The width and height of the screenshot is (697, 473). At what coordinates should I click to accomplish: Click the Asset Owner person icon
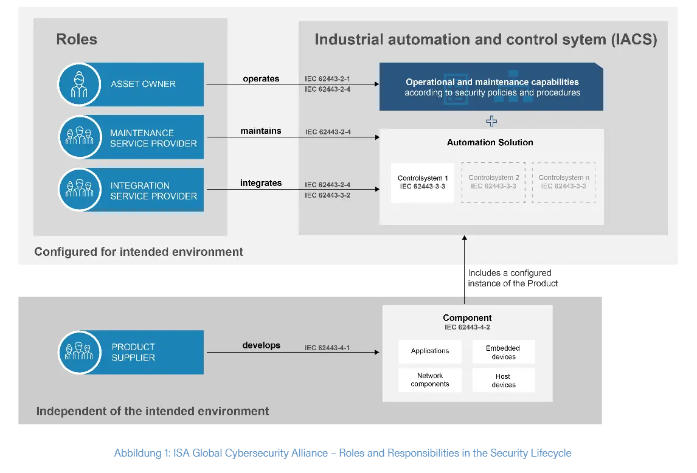click(x=79, y=84)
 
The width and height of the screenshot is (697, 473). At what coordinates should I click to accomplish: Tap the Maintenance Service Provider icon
click(x=79, y=137)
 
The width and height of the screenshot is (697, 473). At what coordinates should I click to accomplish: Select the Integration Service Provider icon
click(x=79, y=190)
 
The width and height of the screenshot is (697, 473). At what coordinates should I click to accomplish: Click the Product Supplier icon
click(x=79, y=352)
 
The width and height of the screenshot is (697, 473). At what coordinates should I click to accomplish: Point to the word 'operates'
click(x=261, y=78)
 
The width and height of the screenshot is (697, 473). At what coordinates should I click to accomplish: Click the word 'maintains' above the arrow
click(x=261, y=131)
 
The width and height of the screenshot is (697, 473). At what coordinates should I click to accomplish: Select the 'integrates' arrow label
click(x=261, y=183)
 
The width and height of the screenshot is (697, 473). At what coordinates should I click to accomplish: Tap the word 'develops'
click(x=262, y=345)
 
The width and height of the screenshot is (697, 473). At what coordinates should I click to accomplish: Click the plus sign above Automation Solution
click(x=491, y=122)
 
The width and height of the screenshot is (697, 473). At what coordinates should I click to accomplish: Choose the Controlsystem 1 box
click(x=423, y=182)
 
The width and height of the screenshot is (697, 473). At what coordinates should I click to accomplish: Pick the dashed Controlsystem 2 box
click(x=493, y=182)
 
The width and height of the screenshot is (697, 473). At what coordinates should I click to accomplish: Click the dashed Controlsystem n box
click(x=564, y=182)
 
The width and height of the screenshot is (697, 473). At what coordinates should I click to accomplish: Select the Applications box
click(x=430, y=351)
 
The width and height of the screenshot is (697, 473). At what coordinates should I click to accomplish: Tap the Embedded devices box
click(x=503, y=352)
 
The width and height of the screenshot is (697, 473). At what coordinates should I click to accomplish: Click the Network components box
click(x=430, y=380)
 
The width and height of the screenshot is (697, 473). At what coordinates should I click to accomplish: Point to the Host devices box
click(x=503, y=380)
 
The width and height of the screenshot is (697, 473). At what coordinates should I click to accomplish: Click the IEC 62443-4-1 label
click(x=327, y=348)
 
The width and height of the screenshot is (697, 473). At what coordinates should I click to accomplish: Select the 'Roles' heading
click(x=77, y=40)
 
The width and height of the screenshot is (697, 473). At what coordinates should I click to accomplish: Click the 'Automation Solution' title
click(x=490, y=142)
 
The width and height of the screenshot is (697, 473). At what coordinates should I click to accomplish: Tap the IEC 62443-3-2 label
click(x=327, y=195)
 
